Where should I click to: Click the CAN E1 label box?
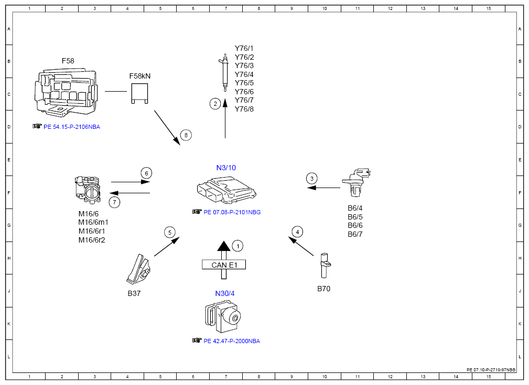coord(224,265)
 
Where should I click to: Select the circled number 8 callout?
coord(186,135)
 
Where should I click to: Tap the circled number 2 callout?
coord(215,104)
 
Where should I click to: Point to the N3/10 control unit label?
coord(226,168)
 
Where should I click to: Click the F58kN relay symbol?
coord(139,93)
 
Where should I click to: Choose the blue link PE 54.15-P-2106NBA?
coord(72,127)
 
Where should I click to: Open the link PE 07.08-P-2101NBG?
coord(232,212)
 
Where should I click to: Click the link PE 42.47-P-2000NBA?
coord(232,341)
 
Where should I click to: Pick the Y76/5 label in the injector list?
coord(244,83)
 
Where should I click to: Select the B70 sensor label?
coord(323,289)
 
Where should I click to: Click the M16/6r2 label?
coord(92,240)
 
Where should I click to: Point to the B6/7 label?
coord(355,234)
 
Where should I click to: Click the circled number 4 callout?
coord(297,232)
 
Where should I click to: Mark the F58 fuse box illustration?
coord(66,93)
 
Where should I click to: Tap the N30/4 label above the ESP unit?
coord(225,293)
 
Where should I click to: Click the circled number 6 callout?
coord(146,173)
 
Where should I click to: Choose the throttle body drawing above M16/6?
coord(88,190)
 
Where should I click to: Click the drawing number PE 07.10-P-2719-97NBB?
coord(491,370)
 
